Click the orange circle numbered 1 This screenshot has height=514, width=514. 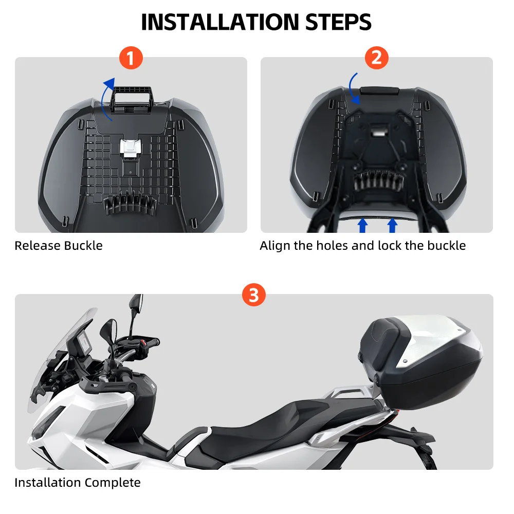(x=131, y=58)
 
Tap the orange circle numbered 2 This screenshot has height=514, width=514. (x=377, y=58)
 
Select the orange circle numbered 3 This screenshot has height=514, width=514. (x=254, y=295)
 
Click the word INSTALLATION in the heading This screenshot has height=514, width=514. (x=220, y=22)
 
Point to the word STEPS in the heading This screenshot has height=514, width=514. (x=338, y=22)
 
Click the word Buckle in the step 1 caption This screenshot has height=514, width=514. (x=83, y=246)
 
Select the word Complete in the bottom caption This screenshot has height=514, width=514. (x=113, y=483)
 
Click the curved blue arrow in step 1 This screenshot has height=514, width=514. (x=104, y=98)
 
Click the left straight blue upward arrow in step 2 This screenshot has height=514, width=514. (x=362, y=226)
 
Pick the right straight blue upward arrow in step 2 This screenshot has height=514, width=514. (x=392, y=226)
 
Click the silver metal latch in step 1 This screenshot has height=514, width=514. (x=131, y=148)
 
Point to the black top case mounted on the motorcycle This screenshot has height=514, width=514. (x=421, y=362)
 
